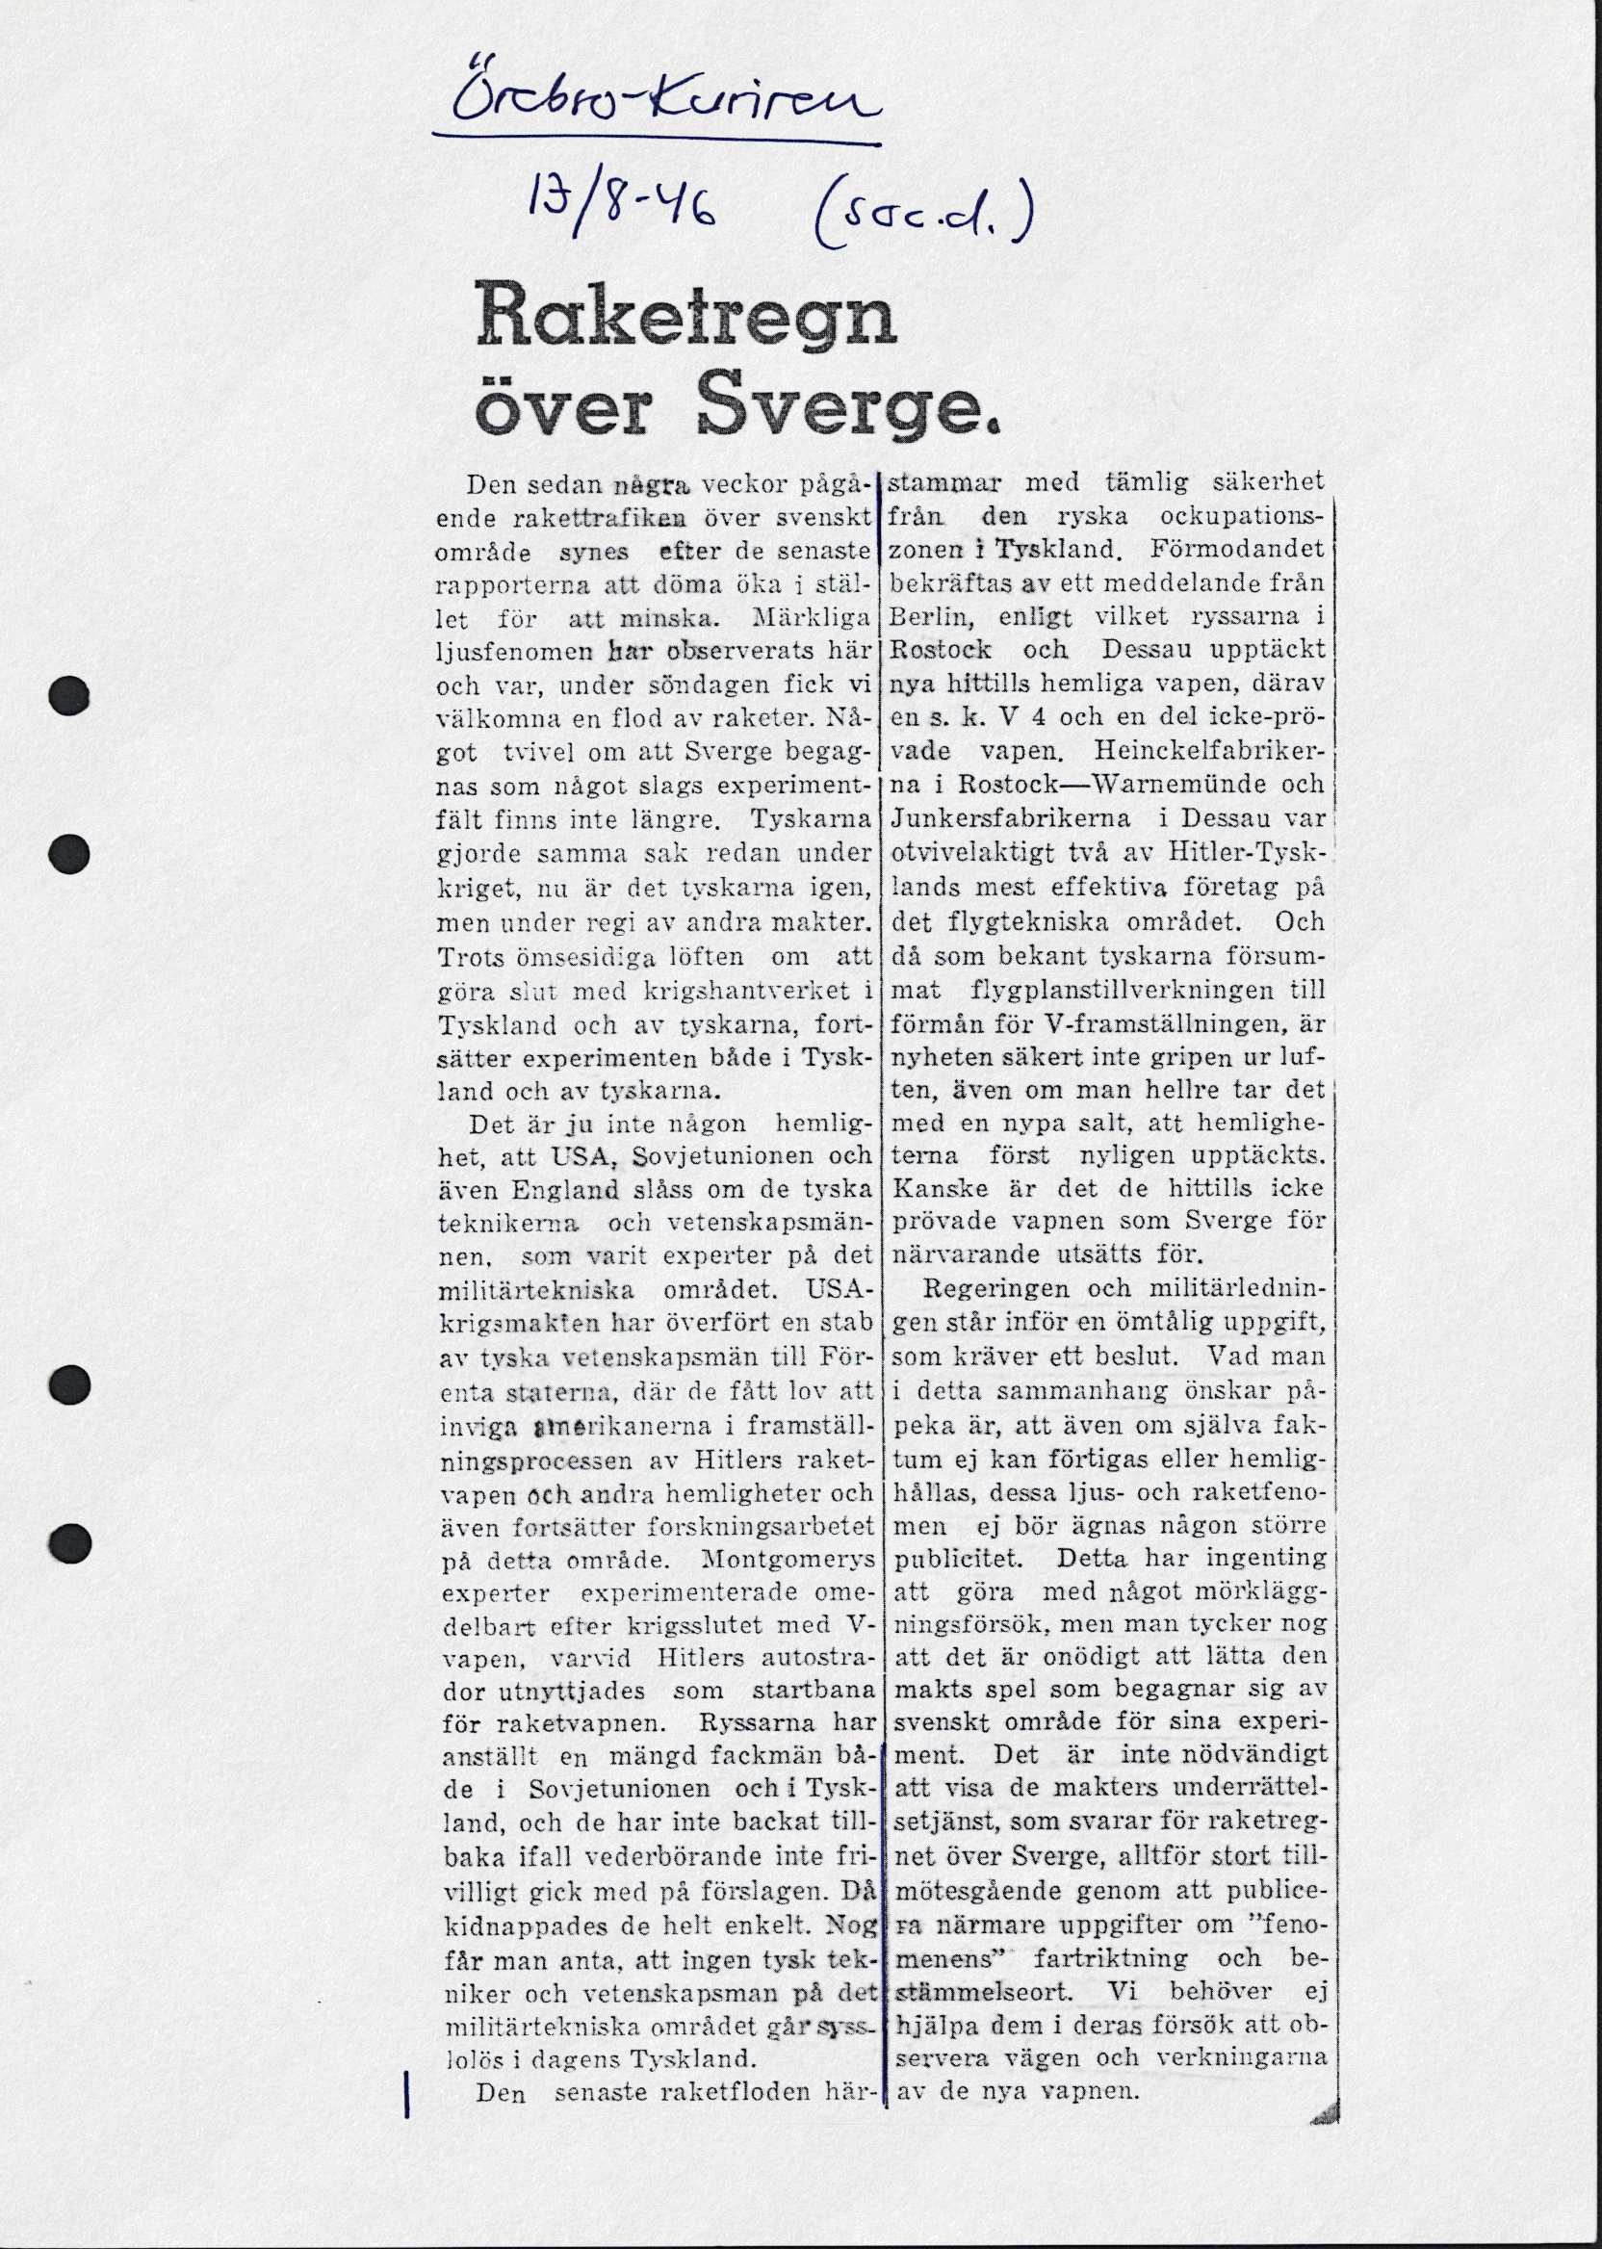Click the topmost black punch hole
pos(69,695)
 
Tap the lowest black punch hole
pos(69,1540)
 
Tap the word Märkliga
pos(812,618)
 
